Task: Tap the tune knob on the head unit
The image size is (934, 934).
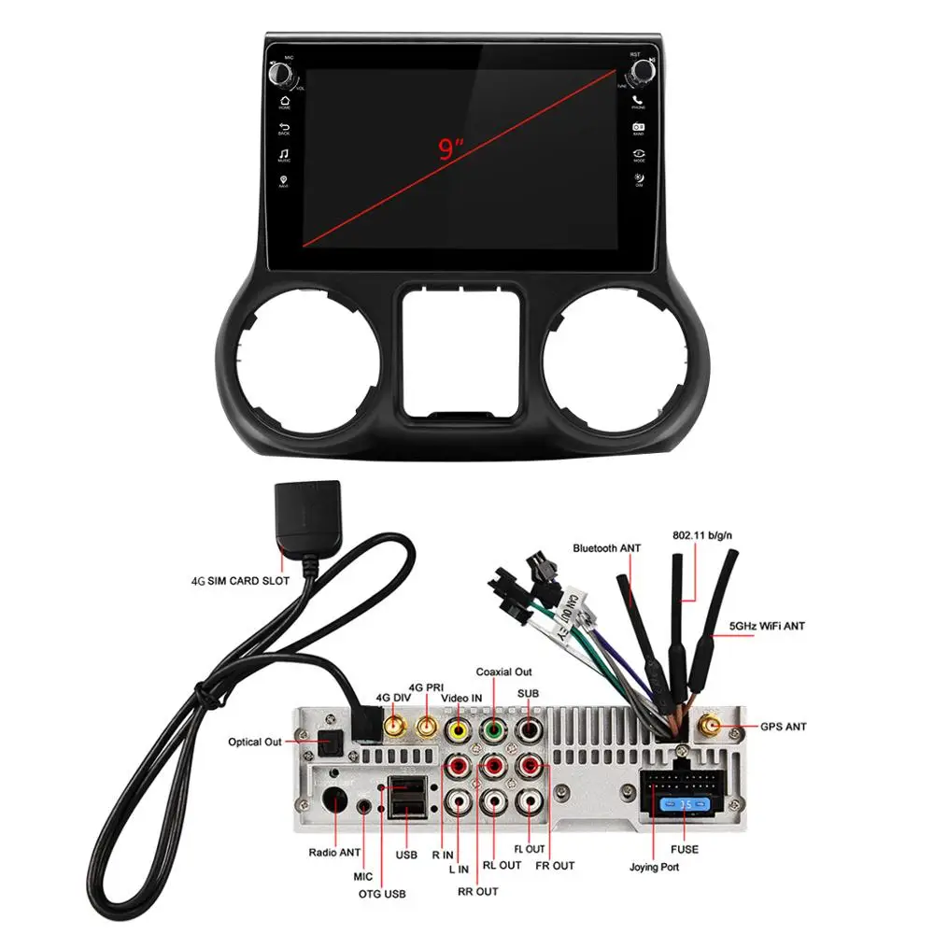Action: click(x=639, y=73)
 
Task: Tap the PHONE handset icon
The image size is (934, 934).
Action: click(x=639, y=100)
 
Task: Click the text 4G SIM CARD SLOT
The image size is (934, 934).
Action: click(x=240, y=580)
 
